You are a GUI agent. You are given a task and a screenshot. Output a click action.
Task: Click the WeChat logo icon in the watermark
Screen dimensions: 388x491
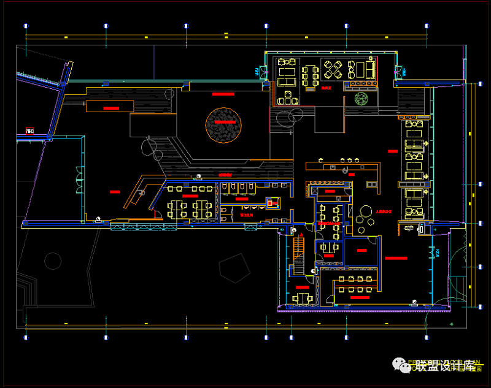405,366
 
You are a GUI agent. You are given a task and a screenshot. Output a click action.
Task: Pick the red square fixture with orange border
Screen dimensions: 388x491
272,202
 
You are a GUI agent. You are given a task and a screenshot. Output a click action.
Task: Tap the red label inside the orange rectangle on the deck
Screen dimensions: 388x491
111,107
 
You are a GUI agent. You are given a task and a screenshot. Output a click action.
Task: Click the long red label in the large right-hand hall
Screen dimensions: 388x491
396,258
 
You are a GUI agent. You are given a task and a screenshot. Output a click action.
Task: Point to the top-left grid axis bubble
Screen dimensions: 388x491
26,26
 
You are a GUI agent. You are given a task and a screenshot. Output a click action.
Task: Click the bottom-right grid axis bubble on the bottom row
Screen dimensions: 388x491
425,337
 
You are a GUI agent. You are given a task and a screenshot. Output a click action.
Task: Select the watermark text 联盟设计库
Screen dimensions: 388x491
445,366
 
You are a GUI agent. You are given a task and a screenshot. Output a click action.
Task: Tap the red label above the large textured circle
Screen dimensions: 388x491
223,94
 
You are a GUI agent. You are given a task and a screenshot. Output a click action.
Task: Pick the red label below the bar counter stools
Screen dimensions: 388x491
352,175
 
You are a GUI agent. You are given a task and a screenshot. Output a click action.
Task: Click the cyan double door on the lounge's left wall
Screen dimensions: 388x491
263,72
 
